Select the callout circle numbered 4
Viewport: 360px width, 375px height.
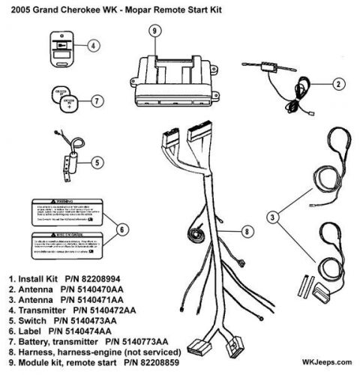tap(93, 45)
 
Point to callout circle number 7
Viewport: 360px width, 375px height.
tap(95, 100)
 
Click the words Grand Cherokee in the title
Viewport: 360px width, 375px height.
tap(76, 8)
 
